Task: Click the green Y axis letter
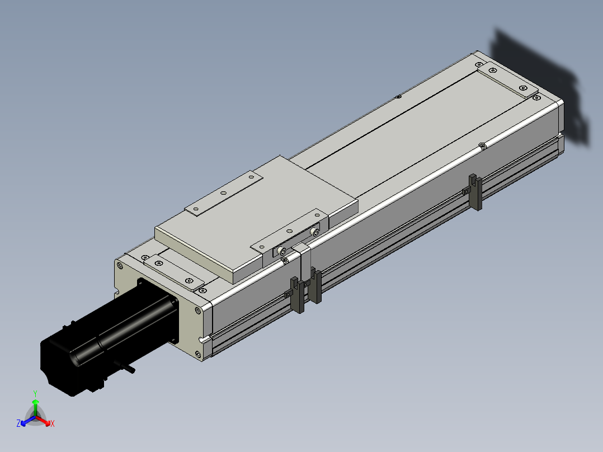35,393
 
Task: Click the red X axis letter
53,423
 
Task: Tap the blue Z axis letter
18,423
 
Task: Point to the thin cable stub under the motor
128,366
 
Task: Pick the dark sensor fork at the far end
475,192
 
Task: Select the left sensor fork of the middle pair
297,294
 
